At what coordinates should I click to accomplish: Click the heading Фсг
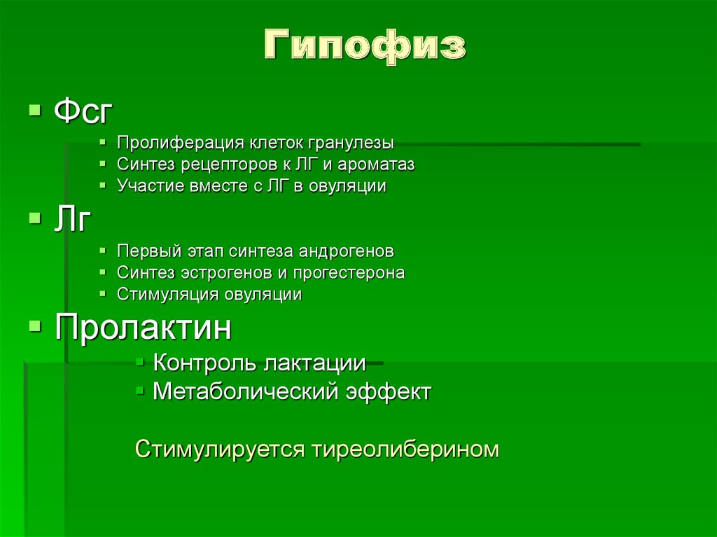click(x=83, y=112)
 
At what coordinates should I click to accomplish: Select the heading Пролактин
click(x=143, y=328)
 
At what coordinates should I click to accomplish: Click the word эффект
click(x=389, y=391)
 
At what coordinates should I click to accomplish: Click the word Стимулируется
click(x=220, y=449)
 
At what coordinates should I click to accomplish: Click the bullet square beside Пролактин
click(x=34, y=326)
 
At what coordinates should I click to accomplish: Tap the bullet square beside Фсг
click(x=34, y=111)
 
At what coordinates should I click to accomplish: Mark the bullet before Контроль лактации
click(x=140, y=362)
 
